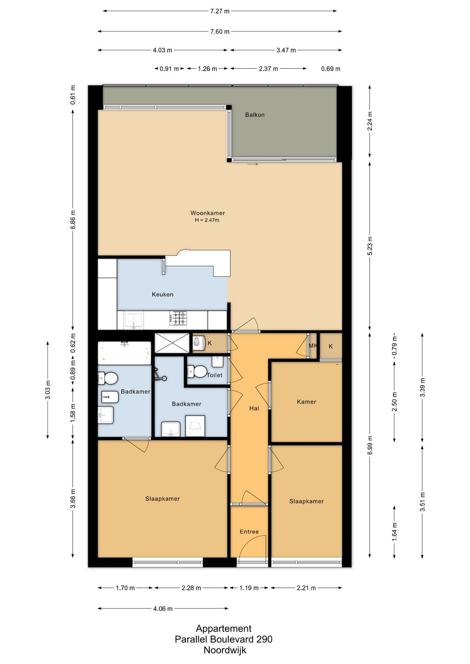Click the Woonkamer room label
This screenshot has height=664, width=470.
pyautogui.click(x=207, y=213)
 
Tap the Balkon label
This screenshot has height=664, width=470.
pyautogui.click(x=255, y=115)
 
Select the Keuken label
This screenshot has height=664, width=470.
pyautogui.click(x=162, y=294)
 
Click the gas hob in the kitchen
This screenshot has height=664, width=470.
pyautogui.click(x=178, y=318)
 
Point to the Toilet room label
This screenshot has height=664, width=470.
pyautogui.click(x=214, y=375)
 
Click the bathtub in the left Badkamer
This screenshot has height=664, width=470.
pyautogui.click(x=125, y=353)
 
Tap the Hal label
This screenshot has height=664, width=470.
pyautogui.click(x=254, y=408)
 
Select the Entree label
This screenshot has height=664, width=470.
pyautogui.click(x=249, y=532)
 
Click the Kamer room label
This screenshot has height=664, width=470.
pyautogui.click(x=306, y=402)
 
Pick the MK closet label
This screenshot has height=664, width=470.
pyautogui.click(x=313, y=346)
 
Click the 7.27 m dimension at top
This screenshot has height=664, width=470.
pyautogui.click(x=220, y=11)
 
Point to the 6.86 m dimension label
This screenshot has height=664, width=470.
pyautogui.click(x=73, y=220)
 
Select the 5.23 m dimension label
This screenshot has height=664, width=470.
pyautogui.click(x=370, y=246)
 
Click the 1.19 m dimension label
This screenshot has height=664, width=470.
pyautogui.click(x=249, y=588)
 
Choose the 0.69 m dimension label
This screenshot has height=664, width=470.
pyautogui.click(x=330, y=69)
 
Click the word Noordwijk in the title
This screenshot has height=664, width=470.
pyautogui.click(x=225, y=650)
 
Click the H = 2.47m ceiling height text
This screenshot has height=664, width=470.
pyautogui.click(x=207, y=220)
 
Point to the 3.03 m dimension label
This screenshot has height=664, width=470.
pyautogui.click(x=48, y=390)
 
